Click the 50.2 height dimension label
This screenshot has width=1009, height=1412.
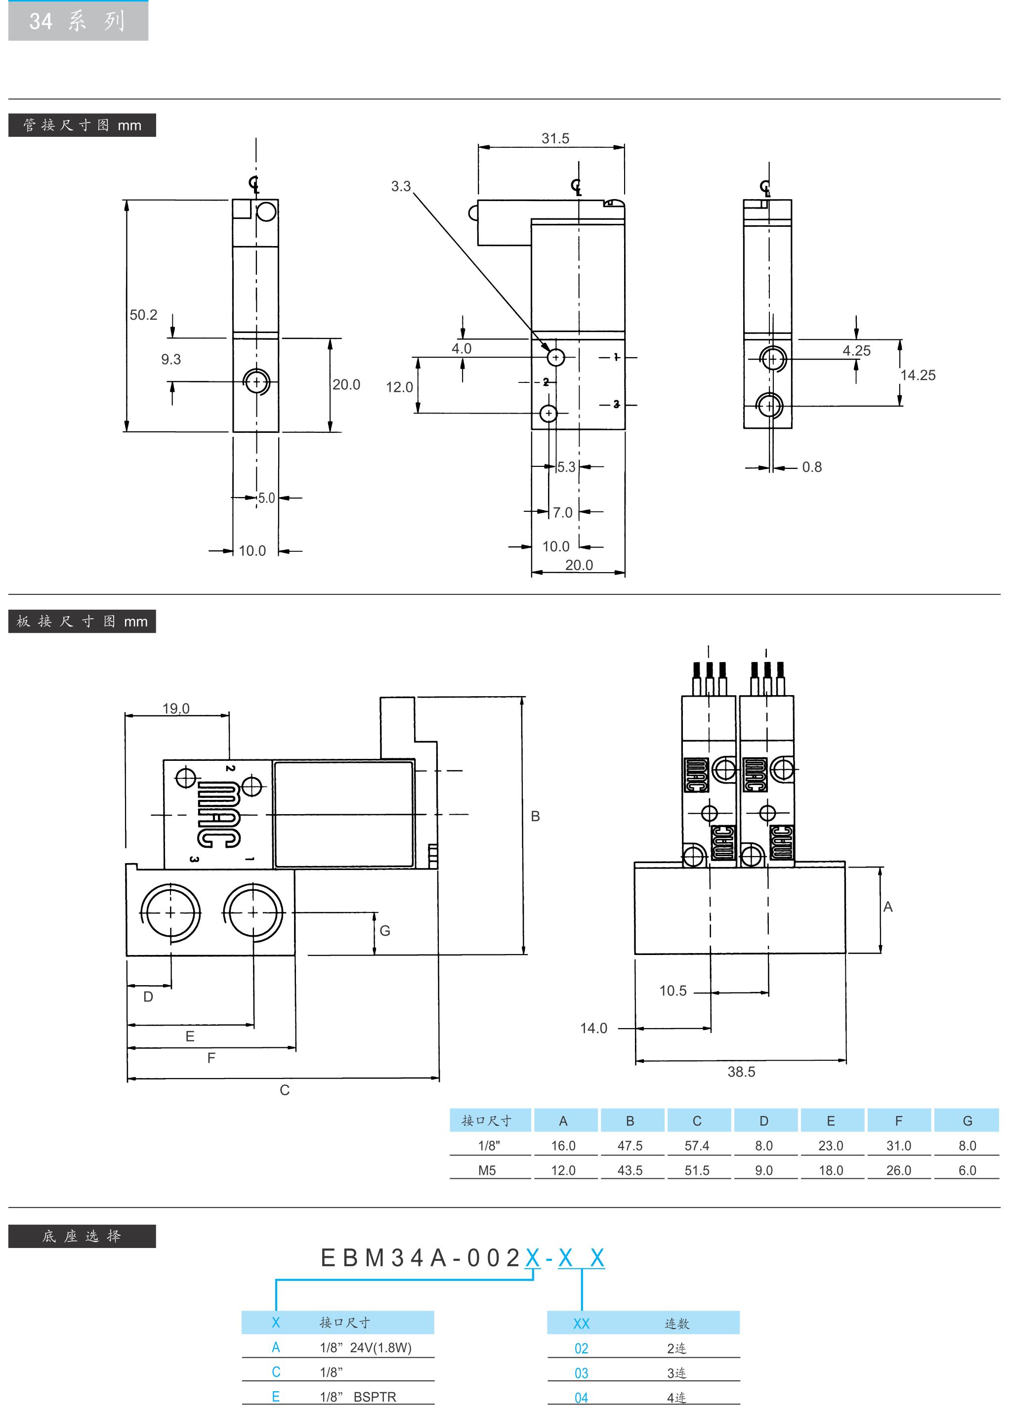(143, 315)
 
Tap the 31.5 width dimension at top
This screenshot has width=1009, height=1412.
(555, 138)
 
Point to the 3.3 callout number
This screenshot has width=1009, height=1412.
(401, 186)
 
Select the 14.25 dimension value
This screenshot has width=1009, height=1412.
(917, 375)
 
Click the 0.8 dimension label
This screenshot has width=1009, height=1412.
(811, 467)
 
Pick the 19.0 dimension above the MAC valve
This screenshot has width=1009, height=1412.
(176, 708)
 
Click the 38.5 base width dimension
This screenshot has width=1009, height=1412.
(741, 1072)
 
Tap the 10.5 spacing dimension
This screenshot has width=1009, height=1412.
(673, 991)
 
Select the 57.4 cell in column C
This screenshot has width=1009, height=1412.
(697, 1146)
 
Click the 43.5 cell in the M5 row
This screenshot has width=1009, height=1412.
(630, 1170)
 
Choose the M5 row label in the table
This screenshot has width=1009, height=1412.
(487, 1170)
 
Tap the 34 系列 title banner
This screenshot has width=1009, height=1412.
(78, 21)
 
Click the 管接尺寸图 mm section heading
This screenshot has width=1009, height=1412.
(82, 125)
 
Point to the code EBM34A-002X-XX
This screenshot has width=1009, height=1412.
(462, 1258)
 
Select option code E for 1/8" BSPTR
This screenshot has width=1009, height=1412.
(276, 1397)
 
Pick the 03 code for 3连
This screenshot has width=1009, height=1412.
(581, 1373)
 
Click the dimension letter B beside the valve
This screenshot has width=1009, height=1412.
(535, 816)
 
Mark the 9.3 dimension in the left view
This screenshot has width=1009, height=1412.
(171, 360)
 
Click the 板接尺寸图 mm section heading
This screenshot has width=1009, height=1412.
(82, 621)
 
